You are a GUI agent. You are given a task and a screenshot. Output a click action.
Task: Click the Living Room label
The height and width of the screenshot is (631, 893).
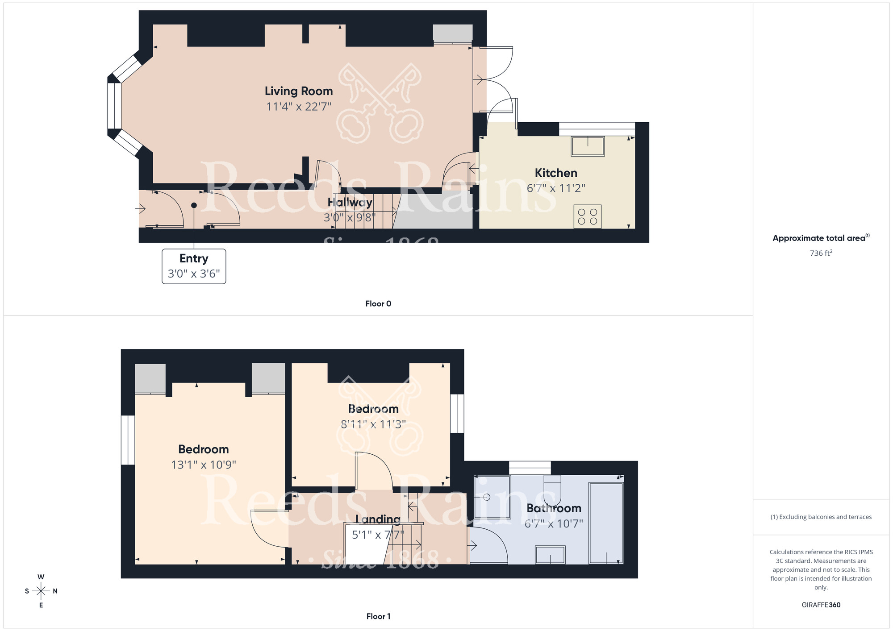pos(299,91)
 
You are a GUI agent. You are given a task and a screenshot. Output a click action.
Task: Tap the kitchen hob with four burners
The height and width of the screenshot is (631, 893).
pos(587,216)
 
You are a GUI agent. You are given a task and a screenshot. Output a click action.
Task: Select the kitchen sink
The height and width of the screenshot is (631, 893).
pos(588,146)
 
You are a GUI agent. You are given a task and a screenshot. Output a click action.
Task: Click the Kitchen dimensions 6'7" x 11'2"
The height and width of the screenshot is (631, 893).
pos(556,188)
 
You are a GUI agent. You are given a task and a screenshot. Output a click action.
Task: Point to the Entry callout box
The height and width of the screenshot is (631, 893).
pos(194,266)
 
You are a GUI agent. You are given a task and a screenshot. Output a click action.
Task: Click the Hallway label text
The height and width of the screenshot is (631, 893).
pos(350,203)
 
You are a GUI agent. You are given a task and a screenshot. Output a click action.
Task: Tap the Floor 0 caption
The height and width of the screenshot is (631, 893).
pos(378,304)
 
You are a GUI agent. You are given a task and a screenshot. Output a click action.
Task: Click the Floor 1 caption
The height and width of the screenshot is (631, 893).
pos(378,616)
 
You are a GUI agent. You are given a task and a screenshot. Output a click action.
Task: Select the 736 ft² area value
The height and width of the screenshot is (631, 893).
pos(821,253)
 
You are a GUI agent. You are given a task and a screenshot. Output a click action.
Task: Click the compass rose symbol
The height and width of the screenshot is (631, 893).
pos(41,591)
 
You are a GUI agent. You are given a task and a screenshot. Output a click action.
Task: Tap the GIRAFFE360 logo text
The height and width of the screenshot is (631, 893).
pos(821,605)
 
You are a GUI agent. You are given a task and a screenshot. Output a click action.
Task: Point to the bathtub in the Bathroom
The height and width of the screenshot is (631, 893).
pos(606,523)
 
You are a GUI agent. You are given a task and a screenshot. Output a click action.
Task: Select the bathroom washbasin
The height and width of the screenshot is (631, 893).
pos(550,555)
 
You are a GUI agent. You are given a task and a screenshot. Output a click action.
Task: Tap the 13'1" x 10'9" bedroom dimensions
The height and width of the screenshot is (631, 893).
pos(204,465)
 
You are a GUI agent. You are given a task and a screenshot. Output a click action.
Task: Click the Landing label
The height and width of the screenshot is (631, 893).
pos(378,519)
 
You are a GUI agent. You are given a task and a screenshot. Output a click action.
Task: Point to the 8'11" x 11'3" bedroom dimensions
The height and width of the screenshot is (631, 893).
pos(373,424)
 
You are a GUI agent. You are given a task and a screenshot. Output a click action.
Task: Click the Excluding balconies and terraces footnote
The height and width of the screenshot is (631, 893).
pos(821,517)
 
